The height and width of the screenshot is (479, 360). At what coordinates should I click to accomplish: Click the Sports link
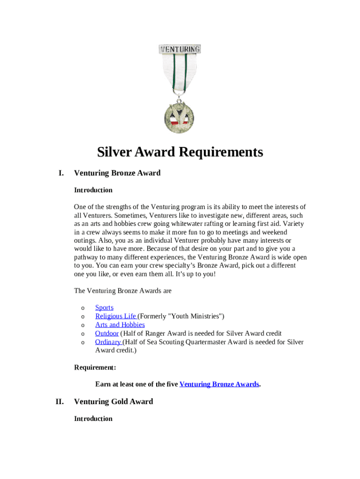(x=104, y=307)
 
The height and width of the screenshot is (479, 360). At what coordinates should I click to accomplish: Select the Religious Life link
(x=115, y=316)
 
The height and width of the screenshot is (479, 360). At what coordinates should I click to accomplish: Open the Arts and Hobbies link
(x=120, y=325)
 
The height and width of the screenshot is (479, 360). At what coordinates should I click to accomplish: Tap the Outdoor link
(x=107, y=333)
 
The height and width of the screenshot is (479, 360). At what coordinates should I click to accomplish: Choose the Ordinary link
(x=108, y=342)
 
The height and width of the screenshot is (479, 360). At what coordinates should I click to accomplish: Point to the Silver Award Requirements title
(x=180, y=152)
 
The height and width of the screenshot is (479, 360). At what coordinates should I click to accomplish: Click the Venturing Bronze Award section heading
(x=117, y=173)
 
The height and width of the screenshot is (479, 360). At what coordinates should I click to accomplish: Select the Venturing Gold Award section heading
(x=113, y=402)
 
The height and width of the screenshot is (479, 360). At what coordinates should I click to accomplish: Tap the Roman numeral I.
(x=61, y=173)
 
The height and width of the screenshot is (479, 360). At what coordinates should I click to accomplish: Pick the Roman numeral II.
(x=59, y=402)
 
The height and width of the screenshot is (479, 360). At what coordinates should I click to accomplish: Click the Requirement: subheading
(x=95, y=367)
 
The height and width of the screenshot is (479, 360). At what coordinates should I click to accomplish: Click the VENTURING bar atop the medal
(x=180, y=49)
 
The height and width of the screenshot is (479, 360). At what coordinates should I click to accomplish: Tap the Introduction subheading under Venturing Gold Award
(x=93, y=419)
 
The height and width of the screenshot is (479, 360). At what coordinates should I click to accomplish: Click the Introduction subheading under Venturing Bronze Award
(x=93, y=190)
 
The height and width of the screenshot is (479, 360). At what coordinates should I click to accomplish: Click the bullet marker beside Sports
(x=83, y=308)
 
